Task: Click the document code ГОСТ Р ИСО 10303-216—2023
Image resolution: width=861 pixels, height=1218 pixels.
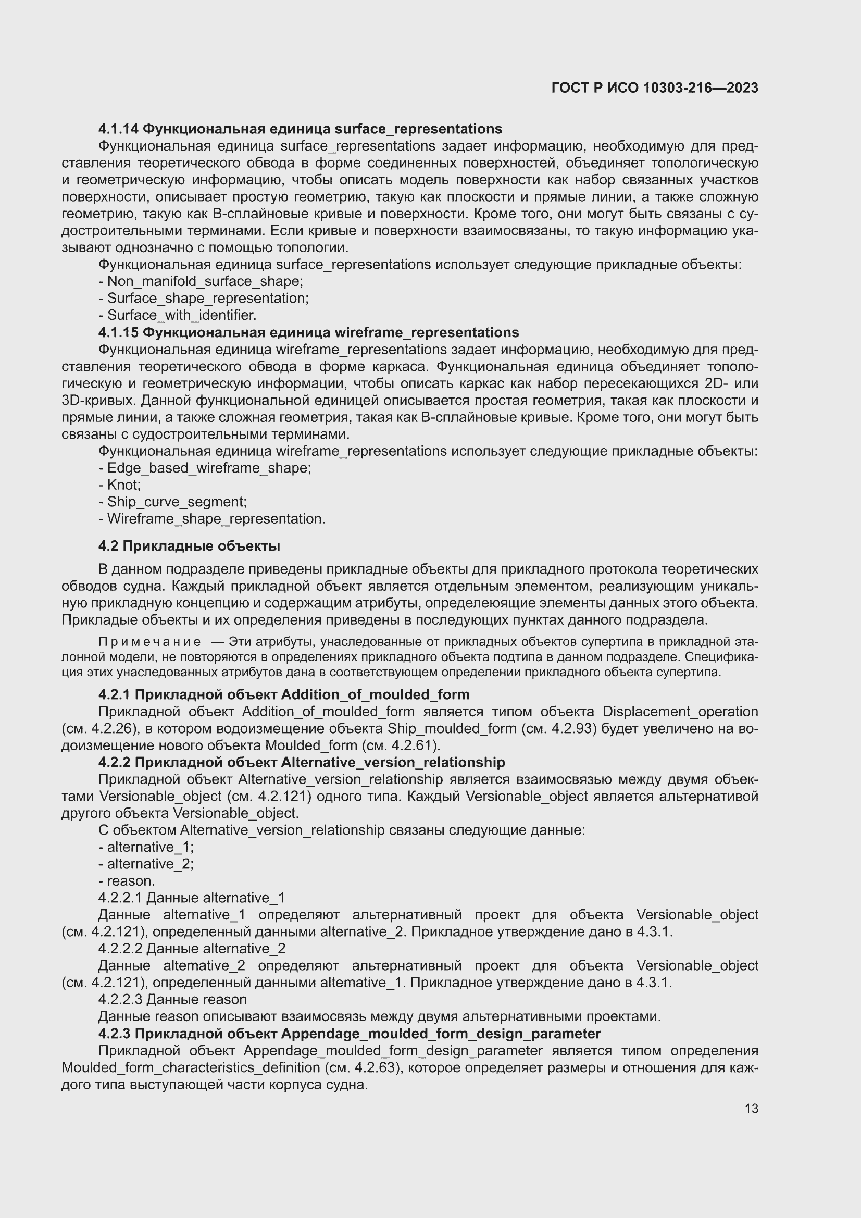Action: tap(655, 88)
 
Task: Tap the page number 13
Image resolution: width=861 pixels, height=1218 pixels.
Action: tap(751, 1109)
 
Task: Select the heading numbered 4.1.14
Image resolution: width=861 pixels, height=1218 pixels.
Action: tap(300, 129)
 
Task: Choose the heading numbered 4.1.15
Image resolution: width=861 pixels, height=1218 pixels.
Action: tap(308, 332)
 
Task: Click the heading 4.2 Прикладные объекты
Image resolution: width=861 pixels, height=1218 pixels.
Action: tap(189, 546)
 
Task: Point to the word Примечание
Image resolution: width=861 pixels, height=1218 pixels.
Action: tap(149, 642)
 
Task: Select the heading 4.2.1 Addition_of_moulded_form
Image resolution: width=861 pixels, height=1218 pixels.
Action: tap(284, 694)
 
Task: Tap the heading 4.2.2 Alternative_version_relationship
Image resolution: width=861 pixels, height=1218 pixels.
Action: tap(301, 762)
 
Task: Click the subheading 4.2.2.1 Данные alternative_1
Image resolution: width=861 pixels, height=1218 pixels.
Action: tap(192, 898)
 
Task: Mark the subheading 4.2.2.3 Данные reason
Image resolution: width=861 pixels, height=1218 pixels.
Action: tap(172, 999)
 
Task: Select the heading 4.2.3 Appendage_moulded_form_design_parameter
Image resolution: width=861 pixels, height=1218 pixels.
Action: tap(349, 1034)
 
